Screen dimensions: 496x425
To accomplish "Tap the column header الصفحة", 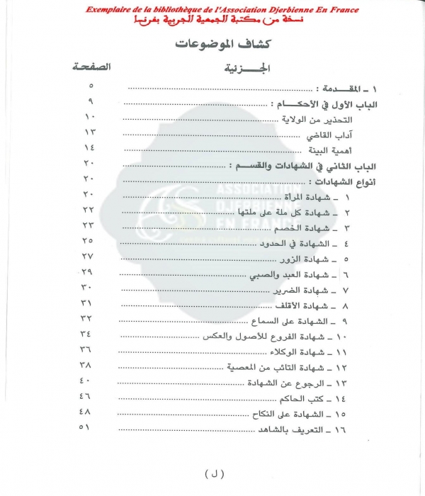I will (91, 68).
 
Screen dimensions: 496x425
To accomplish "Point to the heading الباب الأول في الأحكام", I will (326, 104).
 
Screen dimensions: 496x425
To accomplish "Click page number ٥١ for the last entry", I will (89, 426).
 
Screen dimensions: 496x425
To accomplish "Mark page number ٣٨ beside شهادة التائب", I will (89, 364).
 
